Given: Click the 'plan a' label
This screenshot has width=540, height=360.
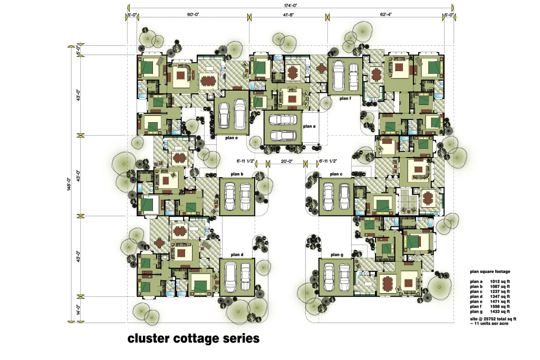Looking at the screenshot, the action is (x=309, y=127).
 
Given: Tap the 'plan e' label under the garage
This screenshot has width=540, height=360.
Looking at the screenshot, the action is (x=232, y=138).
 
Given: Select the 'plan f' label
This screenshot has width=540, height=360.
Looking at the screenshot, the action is (x=345, y=99).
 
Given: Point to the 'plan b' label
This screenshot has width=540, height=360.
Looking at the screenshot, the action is (x=237, y=174).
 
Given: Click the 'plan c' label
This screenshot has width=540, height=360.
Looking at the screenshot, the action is (x=336, y=174).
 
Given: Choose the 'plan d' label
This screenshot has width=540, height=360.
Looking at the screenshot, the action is (x=237, y=255).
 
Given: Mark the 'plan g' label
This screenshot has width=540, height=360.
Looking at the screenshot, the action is (x=337, y=255).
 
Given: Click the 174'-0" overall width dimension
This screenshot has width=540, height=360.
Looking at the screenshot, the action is (x=291, y=5).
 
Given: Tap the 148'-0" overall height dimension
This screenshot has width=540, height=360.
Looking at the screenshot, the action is (x=69, y=184).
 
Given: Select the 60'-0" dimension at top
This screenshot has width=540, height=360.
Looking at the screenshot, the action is (x=193, y=14).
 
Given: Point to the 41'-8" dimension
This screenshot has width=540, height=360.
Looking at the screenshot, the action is (x=288, y=14).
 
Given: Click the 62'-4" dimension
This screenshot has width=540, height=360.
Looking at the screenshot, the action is (x=385, y=14).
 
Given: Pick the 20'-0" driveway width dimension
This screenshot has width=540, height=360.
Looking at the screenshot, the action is (x=286, y=161).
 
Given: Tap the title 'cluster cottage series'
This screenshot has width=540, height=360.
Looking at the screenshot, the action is (x=194, y=338).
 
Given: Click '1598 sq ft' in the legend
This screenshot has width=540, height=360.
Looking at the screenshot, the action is (x=500, y=306).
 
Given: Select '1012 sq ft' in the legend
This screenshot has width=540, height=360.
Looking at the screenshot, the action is (x=500, y=281).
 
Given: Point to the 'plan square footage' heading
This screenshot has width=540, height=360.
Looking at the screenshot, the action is (x=490, y=271).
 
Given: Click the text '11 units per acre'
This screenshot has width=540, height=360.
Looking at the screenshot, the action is (x=491, y=324).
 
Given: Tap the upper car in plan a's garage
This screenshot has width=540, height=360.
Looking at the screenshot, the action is (x=283, y=120).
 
